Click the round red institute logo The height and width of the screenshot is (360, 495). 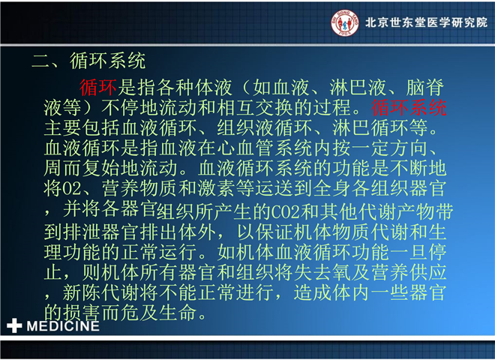[345, 22]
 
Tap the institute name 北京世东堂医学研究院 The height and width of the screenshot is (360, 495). [426, 22]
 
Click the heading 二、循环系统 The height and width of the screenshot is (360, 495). [88, 61]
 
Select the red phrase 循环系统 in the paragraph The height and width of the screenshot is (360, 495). [409, 108]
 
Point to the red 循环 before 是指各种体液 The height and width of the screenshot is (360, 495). [98, 88]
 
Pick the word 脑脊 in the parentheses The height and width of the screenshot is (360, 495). [425, 88]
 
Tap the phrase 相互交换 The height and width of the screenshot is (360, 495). [256, 108]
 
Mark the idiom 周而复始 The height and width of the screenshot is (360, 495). [82, 168]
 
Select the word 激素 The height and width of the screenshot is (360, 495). [217, 188]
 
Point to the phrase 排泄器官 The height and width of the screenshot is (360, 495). [101, 232]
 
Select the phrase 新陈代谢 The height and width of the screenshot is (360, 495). [101, 292]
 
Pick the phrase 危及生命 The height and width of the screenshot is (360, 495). [159, 312]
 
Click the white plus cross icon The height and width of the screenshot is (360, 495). [14, 325]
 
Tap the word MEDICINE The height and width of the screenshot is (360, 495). [63, 326]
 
